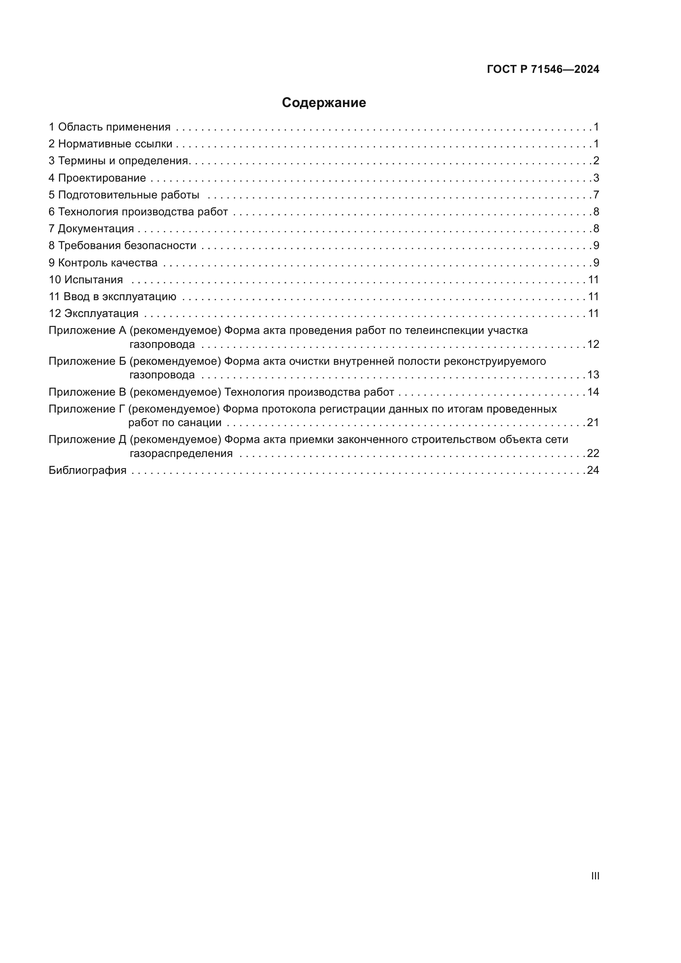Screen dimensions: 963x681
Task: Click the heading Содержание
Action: pyautogui.click(x=324, y=103)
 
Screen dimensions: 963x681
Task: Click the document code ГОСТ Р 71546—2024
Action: pyautogui.click(x=543, y=69)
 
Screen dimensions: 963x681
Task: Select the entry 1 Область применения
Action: pyautogui.click(x=110, y=127)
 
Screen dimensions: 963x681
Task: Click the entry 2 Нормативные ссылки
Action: pyautogui.click(x=110, y=144)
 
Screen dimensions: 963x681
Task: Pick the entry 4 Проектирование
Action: pyautogui.click(x=97, y=178)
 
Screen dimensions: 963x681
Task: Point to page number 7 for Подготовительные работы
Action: pyautogui.click(x=596, y=195)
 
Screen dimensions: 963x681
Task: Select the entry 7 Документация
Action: pyautogui.click(x=91, y=229)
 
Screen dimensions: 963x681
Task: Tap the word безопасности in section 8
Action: pyautogui.click(x=160, y=245)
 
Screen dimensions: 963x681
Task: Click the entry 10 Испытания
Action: pyautogui.click(x=86, y=279)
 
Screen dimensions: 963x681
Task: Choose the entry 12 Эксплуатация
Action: pyautogui.click(x=93, y=313)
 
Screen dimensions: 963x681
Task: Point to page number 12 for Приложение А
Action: pyautogui.click(x=593, y=344)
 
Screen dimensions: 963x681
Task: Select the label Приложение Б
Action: pyautogui.click(x=87, y=361)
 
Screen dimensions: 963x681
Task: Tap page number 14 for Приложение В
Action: pyautogui.click(x=593, y=392)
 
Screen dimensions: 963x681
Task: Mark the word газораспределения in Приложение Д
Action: pyautogui.click(x=181, y=453)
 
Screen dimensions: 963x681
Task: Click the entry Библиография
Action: pyautogui.click(x=88, y=470)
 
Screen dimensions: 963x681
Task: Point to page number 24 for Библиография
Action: pyautogui.click(x=593, y=470)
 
